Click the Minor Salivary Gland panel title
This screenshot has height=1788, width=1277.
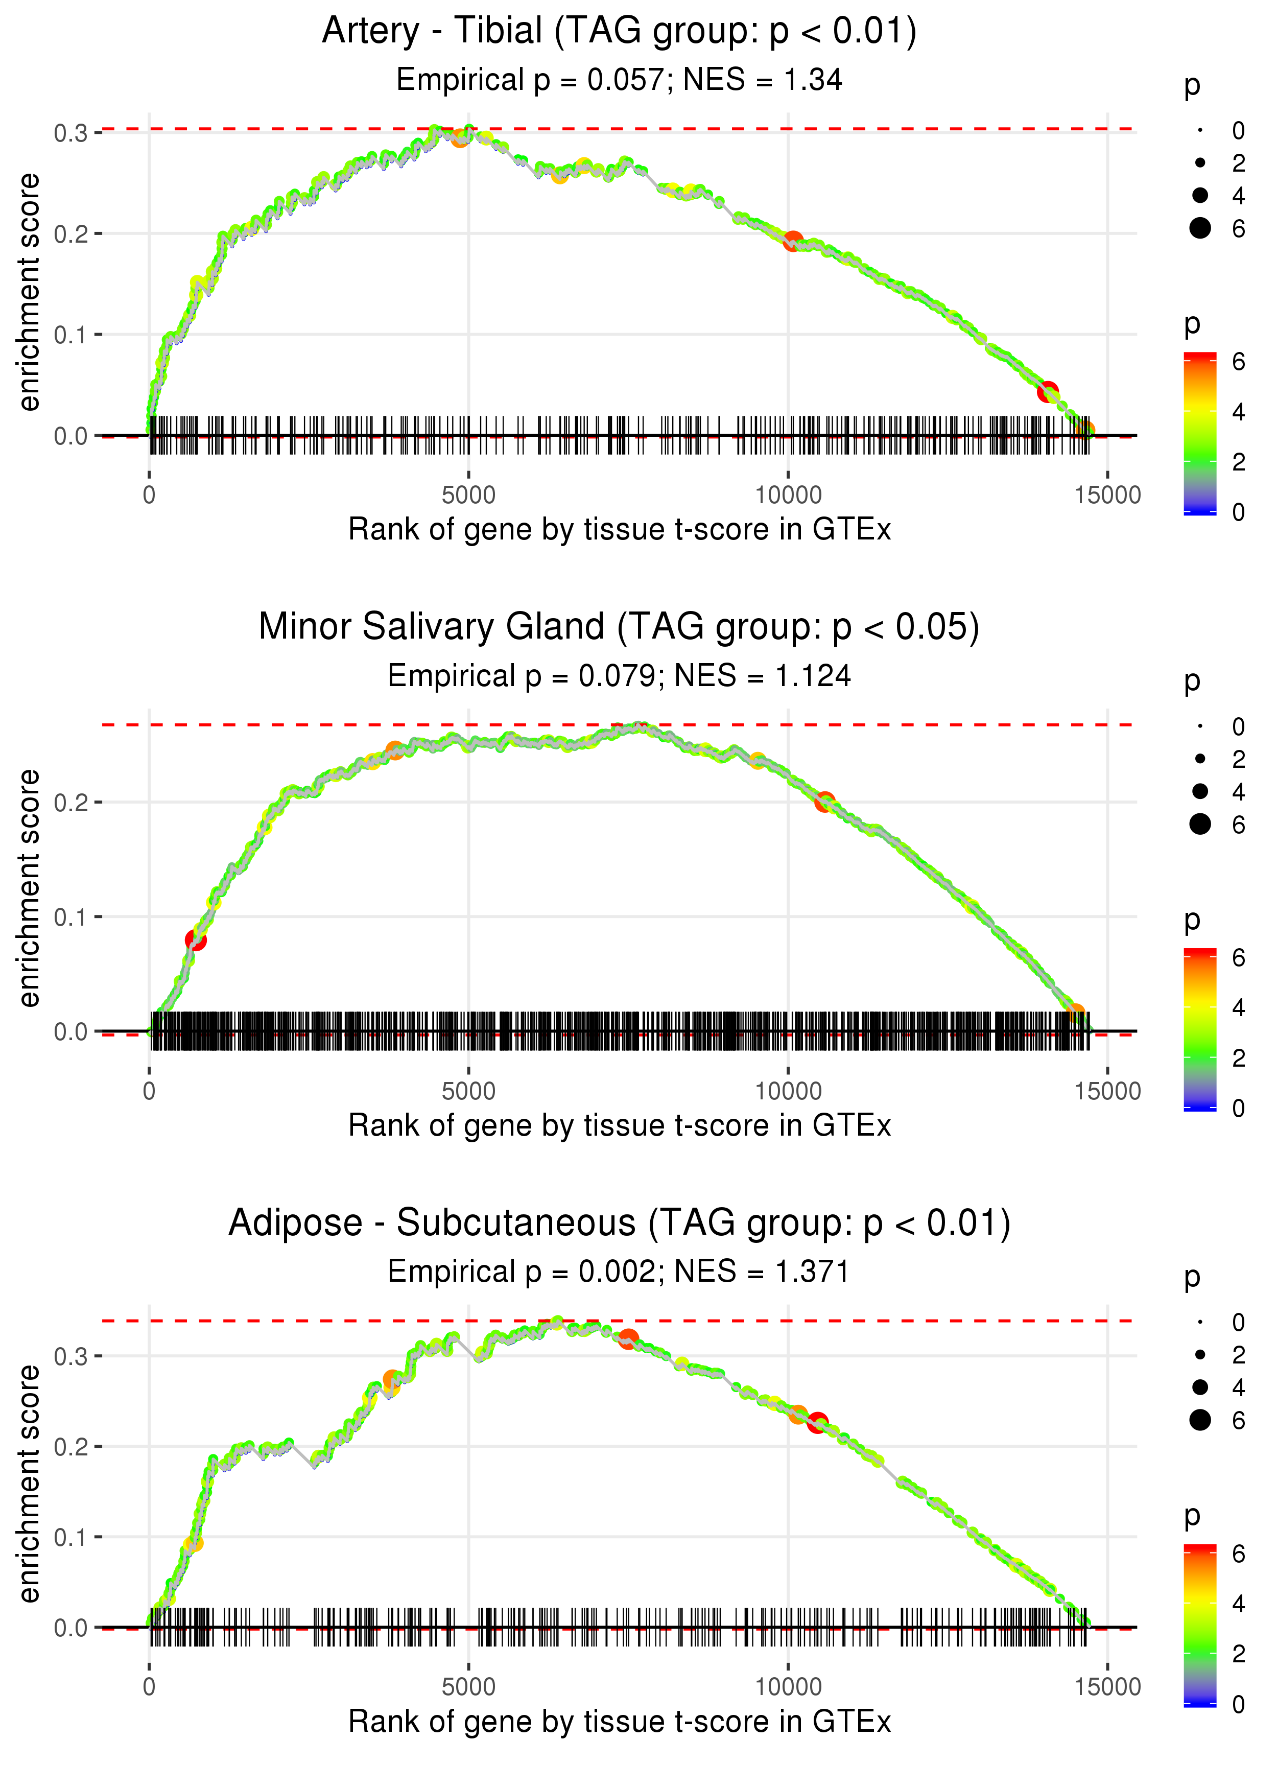tap(619, 627)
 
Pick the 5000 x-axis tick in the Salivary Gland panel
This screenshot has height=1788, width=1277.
tap(468, 1091)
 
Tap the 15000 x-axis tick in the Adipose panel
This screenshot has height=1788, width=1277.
tap(1107, 1686)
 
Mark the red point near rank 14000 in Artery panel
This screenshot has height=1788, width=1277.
tap(1047, 391)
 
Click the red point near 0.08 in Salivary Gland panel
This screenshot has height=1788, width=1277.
tap(195, 939)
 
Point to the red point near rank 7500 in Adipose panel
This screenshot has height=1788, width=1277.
tap(627, 1338)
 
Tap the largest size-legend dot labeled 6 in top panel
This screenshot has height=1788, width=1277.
tap(1200, 228)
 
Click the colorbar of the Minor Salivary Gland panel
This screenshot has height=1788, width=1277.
tap(1200, 1030)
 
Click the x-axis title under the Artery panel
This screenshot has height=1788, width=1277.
tap(619, 529)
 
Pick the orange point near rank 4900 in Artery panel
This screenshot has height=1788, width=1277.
tap(461, 137)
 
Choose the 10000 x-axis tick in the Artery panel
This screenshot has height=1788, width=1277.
tap(788, 496)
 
